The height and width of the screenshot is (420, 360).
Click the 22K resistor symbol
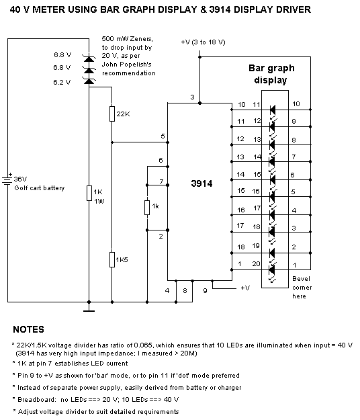tap(112, 114)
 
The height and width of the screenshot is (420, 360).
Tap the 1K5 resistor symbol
tap(112, 259)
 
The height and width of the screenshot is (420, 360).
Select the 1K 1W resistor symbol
tap(89, 193)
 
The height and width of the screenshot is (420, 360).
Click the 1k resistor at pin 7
tap(147, 208)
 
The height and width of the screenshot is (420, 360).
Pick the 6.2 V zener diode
tap(89, 81)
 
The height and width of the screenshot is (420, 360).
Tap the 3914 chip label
tap(201, 183)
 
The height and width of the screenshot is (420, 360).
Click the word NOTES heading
tap(28, 329)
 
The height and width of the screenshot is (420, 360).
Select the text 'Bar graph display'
tap(271, 74)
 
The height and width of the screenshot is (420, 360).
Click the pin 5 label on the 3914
tap(163, 136)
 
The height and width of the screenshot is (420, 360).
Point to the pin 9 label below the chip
tap(205, 290)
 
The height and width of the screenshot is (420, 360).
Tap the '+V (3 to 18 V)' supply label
tap(203, 42)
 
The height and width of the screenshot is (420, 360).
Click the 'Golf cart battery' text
tap(40, 188)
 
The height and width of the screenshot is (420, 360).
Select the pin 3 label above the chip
tap(192, 97)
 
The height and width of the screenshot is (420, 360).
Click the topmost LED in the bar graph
tap(273, 110)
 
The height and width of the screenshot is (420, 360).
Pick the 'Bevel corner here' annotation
tap(302, 288)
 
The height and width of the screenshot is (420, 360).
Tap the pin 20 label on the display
tap(256, 264)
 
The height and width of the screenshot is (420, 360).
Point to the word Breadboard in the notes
tap(37, 400)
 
